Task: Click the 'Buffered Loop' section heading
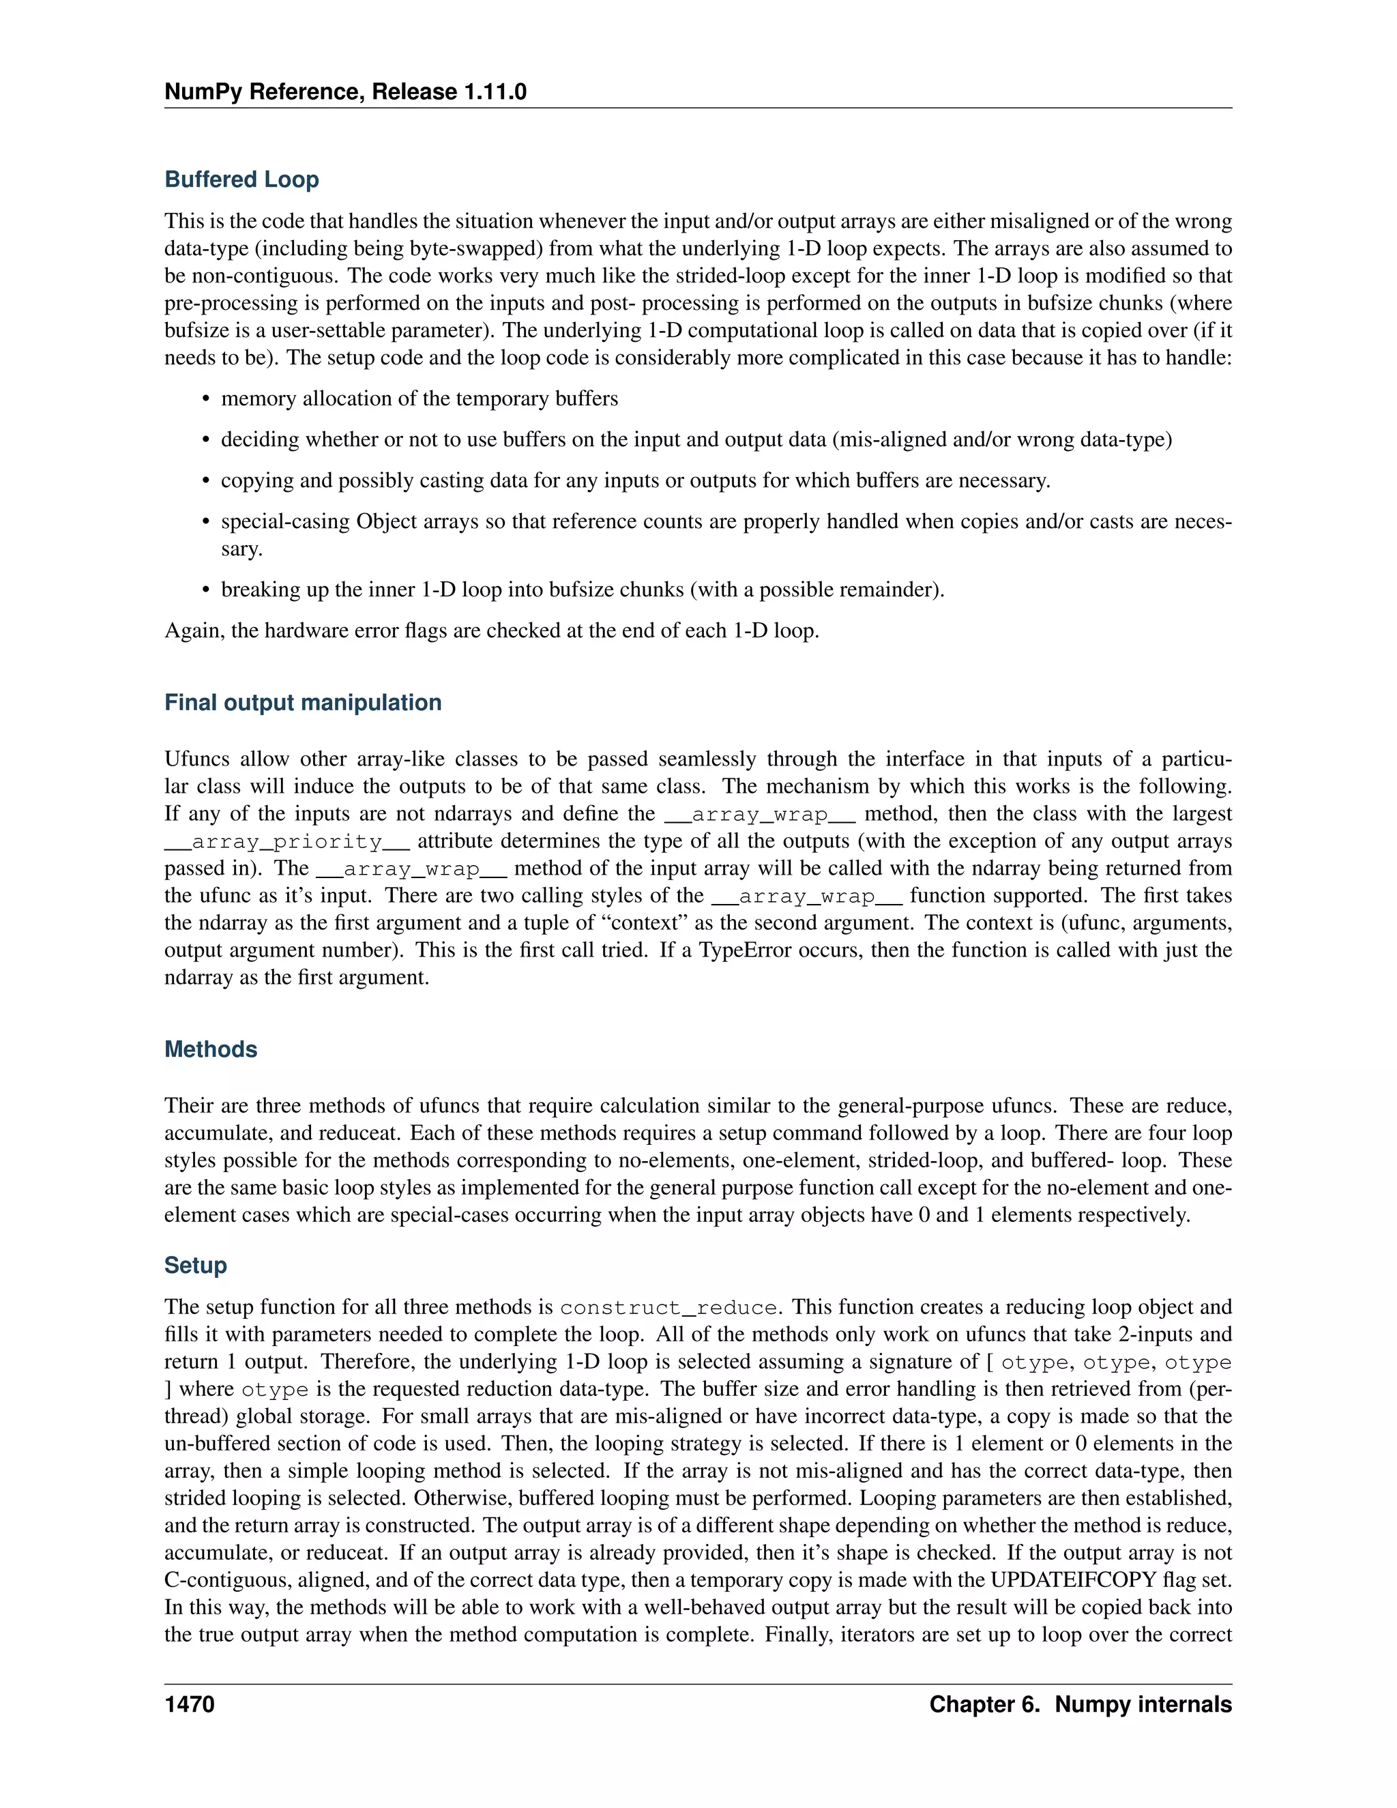(x=241, y=179)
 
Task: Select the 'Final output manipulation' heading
(x=302, y=702)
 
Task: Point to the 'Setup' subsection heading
(x=195, y=1265)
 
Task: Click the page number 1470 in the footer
(x=190, y=1704)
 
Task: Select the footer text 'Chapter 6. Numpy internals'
(x=1080, y=1704)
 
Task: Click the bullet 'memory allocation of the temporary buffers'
(x=419, y=398)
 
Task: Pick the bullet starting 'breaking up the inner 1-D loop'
(x=582, y=589)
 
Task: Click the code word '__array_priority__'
(x=287, y=842)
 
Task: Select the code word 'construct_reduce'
(x=668, y=1308)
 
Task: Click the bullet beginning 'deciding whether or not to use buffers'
(x=695, y=439)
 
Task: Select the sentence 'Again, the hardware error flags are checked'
(x=492, y=631)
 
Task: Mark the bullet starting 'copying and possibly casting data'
(x=635, y=480)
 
